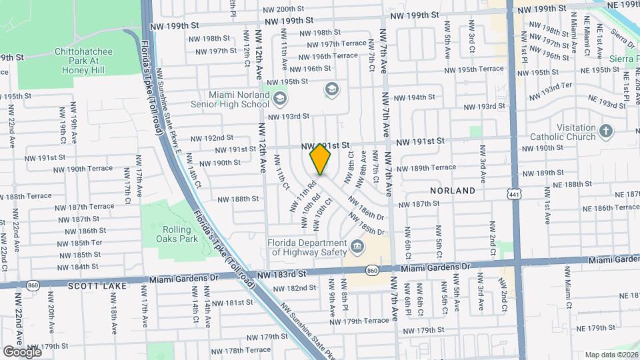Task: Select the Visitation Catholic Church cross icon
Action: [x=606, y=131]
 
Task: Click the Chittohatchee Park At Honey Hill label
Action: [x=83, y=60]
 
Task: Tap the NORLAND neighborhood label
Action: [x=453, y=191]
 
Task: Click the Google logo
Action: [x=22, y=351]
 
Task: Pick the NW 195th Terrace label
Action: [x=474, y=69]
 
